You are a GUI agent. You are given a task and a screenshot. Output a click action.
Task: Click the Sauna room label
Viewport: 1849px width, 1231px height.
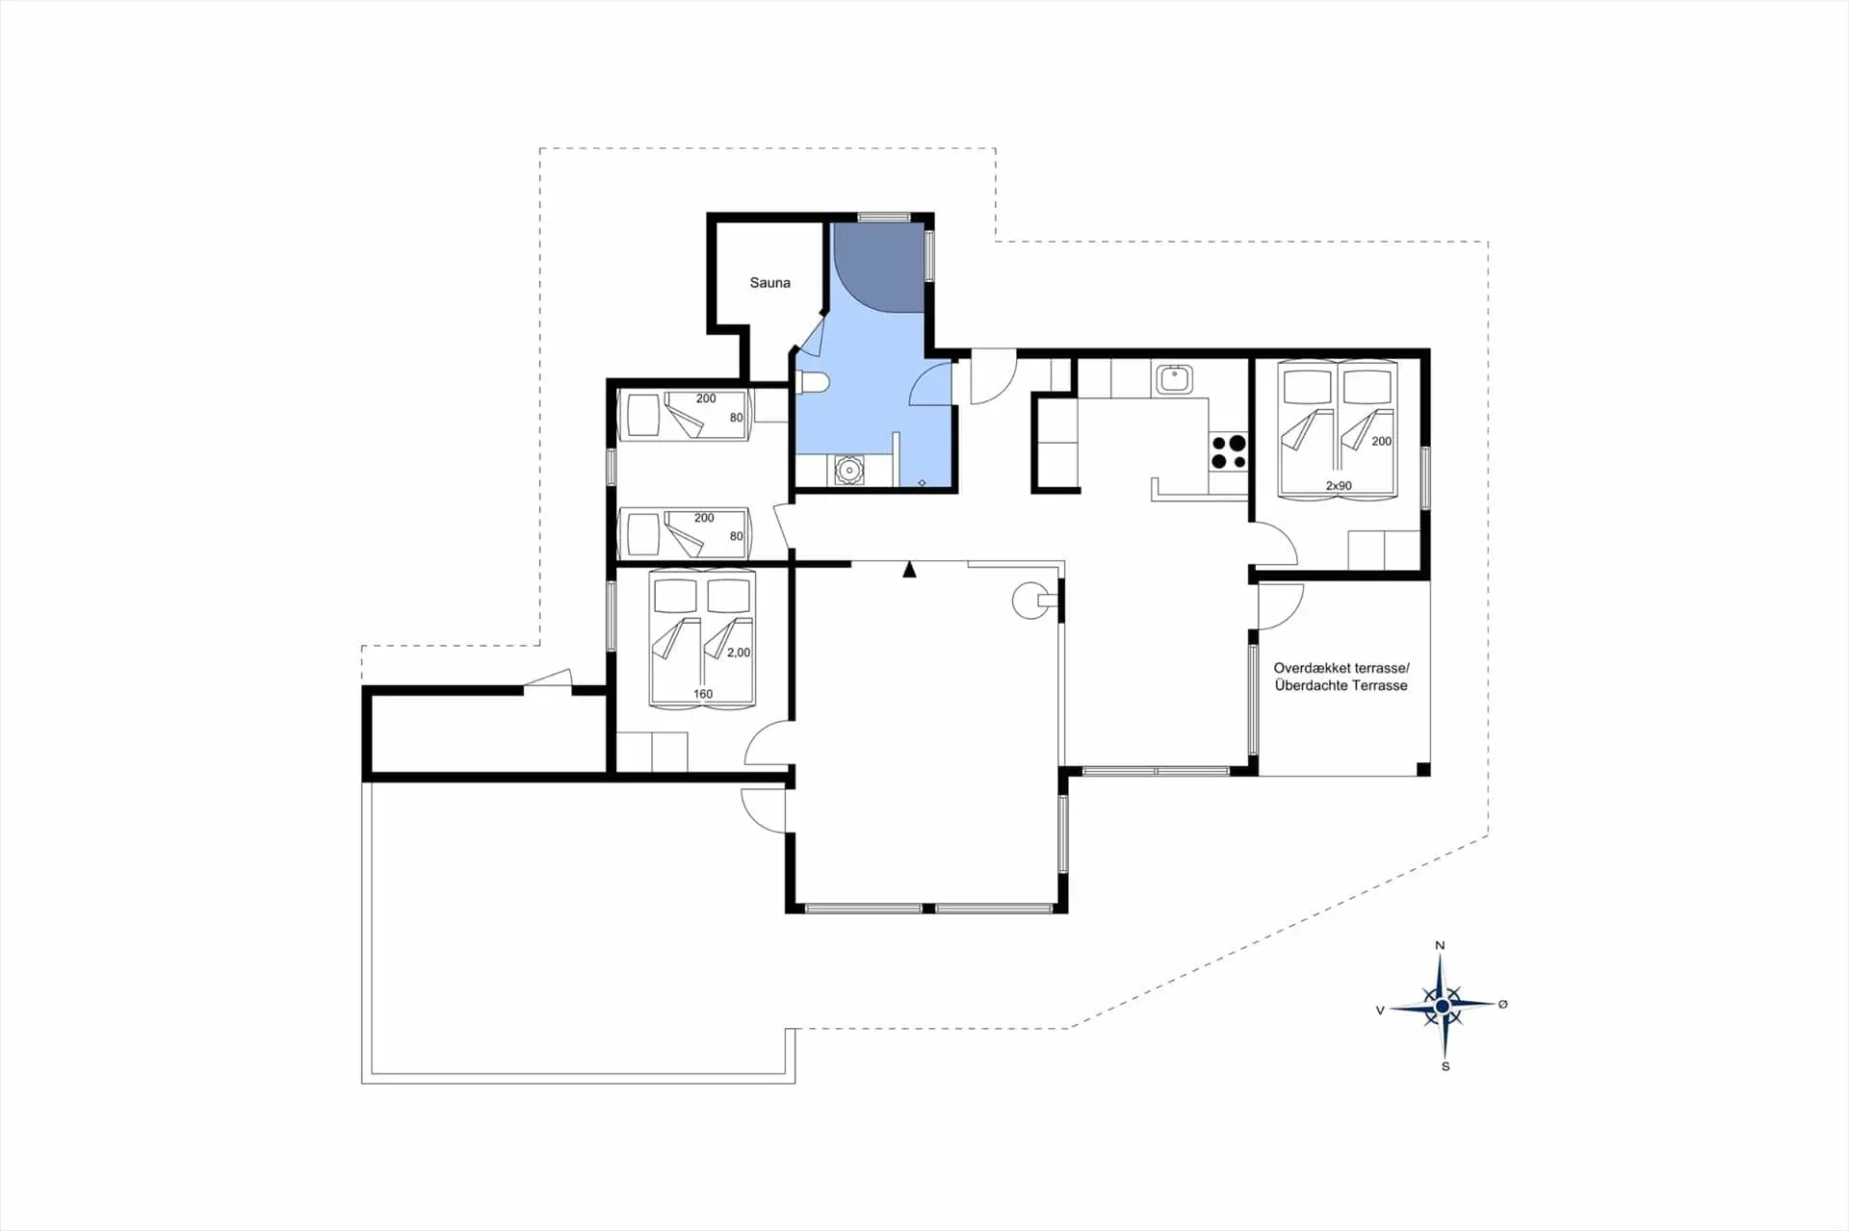click(769, 283)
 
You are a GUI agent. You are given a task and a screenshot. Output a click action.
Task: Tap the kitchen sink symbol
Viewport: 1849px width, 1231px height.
click(1174, 378)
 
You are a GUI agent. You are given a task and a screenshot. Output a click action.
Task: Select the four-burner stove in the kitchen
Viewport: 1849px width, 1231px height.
click(1229, 452)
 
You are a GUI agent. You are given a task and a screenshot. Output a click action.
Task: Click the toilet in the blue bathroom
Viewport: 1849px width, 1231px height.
click(814, 382)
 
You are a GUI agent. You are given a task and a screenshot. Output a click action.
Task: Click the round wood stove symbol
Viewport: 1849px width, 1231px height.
click(1030, 601)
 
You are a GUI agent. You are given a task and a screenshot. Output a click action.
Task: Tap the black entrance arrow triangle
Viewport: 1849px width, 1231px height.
click(909, 570)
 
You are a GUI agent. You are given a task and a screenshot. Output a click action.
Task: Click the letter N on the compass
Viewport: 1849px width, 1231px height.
click(1440, 945)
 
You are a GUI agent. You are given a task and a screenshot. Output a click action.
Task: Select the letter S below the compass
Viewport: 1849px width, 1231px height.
click(1445, 1066)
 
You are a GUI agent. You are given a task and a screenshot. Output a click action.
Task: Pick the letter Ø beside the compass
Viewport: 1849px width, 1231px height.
click(1502, 1004)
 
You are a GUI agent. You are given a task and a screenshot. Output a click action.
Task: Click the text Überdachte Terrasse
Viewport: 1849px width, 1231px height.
click(1341, 685)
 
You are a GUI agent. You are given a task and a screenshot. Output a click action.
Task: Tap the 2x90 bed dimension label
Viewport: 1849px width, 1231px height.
click(1338, 486)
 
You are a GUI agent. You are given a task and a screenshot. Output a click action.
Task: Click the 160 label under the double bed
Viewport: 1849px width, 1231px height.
click(703, 694)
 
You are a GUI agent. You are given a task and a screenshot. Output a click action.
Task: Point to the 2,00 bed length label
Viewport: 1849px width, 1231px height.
click(739, 653)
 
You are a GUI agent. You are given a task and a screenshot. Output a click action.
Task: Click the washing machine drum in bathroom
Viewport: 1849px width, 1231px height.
click(848, 471)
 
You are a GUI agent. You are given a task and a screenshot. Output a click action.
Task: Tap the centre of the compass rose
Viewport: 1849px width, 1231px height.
click(1442, 1007)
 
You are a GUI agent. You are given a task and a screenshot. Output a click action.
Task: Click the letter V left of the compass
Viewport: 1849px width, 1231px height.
click(1380, 1011)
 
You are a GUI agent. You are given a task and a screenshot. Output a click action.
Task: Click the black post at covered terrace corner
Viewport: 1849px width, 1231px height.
click(1423, 769)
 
